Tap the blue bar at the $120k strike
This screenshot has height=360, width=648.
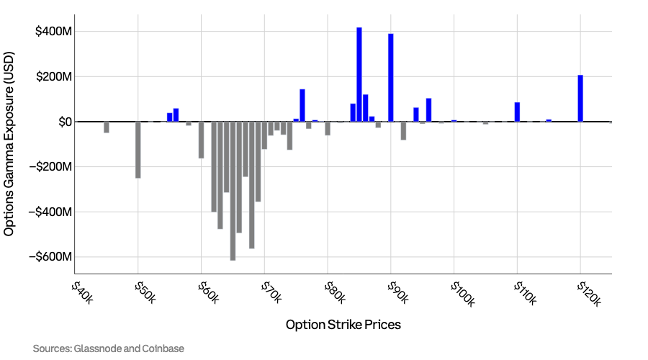pyautogui.click(x=580, y=98)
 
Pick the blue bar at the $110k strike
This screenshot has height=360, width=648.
pyautogui.click(x=517, y=112)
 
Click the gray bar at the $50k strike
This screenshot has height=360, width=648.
pyautogui.click(x=138, y=150)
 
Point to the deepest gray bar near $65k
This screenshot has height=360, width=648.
pyautogui.click(x=233, y=191)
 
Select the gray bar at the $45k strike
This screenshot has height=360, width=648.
pyautogui.click(x=107, y=127)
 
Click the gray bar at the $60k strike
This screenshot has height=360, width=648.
pyautogui.click(x=202, y=140)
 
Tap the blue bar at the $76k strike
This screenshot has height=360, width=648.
pyautogui.click(x=302, y=105)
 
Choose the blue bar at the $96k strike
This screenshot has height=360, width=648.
pyautogui.click(x=428, y=109)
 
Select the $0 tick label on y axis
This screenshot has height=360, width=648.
pyautogui.click(x=61, y=122)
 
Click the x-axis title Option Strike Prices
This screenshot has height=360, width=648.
pyautogui.click(x=343, y=325)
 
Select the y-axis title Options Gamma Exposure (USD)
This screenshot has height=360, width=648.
pyautogui.click(x=9, y=143)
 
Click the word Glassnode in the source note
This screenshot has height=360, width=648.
pyautogui.click(x=98, y=348)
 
